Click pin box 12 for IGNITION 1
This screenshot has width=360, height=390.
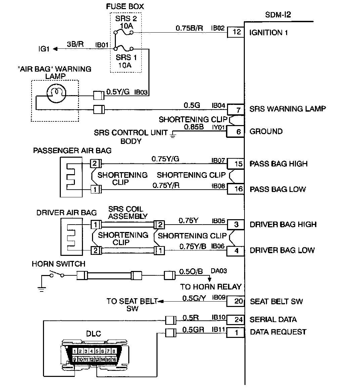[x=236, y=32]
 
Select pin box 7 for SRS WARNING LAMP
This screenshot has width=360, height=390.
[x=236, y=110]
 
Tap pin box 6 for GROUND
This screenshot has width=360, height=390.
[x=235, y=131]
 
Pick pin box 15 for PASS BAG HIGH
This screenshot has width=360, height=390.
[x=236, y=164]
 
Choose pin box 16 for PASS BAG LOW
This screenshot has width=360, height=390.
[x=236, y=189]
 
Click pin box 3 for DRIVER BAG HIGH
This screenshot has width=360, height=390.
[x=236, y=225]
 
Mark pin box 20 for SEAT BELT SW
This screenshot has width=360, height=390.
[x=236, y=301]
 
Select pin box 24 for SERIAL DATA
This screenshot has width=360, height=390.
[x=236, y=319]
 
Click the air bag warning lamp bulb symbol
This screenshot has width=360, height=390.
[x=57, y=93]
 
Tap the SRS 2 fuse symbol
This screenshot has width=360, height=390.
[x=124, y=32]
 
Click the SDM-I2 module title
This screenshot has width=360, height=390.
[x=278, y=15]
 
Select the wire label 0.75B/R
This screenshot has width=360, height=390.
[x=189, y=28]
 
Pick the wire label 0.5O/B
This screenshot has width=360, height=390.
[x=191, y=271]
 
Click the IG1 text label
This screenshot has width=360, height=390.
[x=44, y=49]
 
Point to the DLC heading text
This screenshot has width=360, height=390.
[x=94, y=334]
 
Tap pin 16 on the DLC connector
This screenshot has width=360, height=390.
[x=114, y=359]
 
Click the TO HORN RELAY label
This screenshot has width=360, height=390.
[x=211, y=287]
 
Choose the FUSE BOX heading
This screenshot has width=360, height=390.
[x=125, y=6]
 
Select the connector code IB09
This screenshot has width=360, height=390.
[x=219, y=297]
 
